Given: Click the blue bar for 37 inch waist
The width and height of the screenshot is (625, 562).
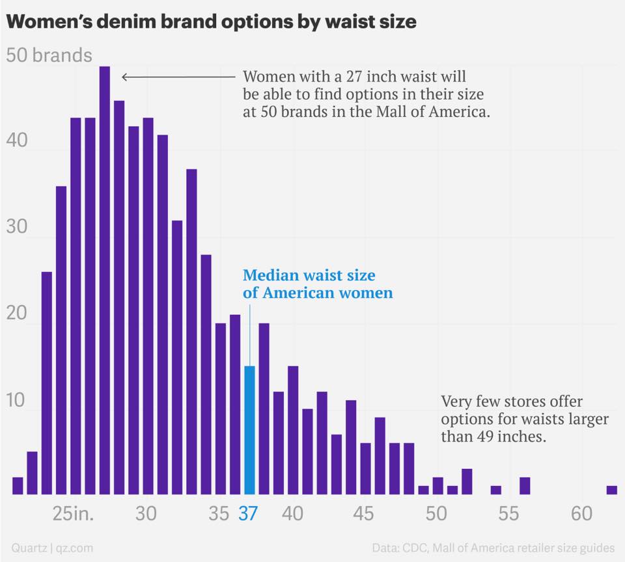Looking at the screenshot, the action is click(x=249, y=430).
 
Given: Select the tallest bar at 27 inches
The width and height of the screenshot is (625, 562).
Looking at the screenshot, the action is click(x=104, y=280).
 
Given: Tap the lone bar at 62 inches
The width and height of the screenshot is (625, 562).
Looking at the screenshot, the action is click(x=612, y=490).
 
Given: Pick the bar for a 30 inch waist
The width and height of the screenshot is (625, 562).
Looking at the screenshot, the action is click(x=148, y=306).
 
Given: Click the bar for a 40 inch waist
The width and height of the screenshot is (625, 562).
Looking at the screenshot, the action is click(x=293, y=430).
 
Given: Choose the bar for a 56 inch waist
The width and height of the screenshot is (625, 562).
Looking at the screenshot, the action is click(x=525, y=486).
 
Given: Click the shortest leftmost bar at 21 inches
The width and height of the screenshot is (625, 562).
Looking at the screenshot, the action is click(x=18, y=486).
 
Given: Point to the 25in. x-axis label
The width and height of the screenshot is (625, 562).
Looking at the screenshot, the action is click(x=73, y=514).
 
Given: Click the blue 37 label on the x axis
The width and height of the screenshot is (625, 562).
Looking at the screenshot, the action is click(x=248, y=514).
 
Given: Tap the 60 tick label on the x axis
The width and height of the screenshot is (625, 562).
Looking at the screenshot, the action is click(x=581, y=514).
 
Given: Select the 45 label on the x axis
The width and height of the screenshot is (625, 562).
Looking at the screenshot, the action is click(x=363, y=514).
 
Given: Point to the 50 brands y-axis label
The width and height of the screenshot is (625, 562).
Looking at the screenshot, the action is click(x=49, y=55).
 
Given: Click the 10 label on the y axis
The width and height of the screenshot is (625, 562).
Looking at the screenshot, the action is click(x=16, y=400).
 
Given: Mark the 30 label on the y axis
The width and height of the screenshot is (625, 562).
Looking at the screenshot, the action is click(x=17, y=226).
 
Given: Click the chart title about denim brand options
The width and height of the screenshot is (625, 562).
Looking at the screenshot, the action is click(x=211, y=21).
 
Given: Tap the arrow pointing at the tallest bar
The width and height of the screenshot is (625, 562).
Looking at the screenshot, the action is click(x=178, y=77).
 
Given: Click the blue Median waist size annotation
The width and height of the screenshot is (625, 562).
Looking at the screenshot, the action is click(x=318, y=284).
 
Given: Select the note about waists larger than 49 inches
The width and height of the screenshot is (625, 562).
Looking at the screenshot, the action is click(x=525, y=419).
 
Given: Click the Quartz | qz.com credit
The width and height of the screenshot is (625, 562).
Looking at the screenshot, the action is click(x=52, y=548).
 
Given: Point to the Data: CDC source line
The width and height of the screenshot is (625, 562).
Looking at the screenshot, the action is click(x=493, y=548).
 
